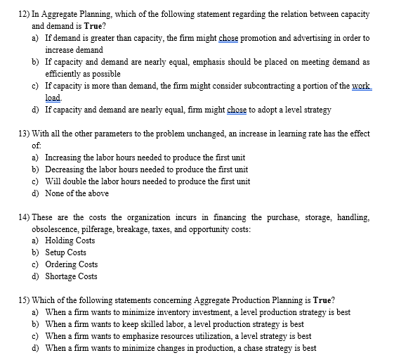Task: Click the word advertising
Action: tap(308, 38)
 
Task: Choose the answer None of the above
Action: tap(77, 193)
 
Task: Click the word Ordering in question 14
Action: tap(62, 264)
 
